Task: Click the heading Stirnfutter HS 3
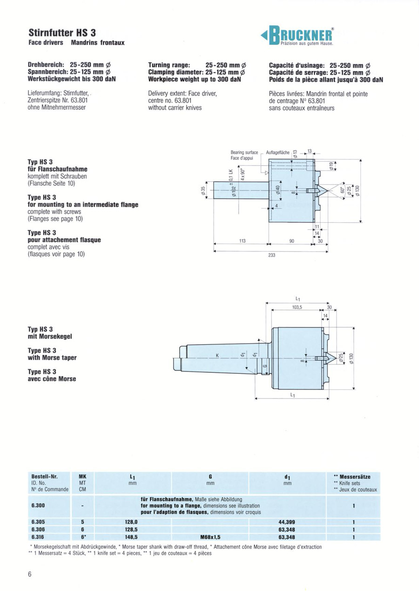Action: tap(62, 33)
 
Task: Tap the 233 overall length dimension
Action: tap(272, 254)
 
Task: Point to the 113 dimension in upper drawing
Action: tap(243, 241)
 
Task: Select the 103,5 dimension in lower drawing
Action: tap(297, 307)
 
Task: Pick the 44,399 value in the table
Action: tap(287, 522)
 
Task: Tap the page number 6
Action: tap(29, 574)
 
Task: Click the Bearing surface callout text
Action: tap(244, 153)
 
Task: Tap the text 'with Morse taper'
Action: tap(52, 358)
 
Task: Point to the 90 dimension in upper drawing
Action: tap(291, 241)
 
